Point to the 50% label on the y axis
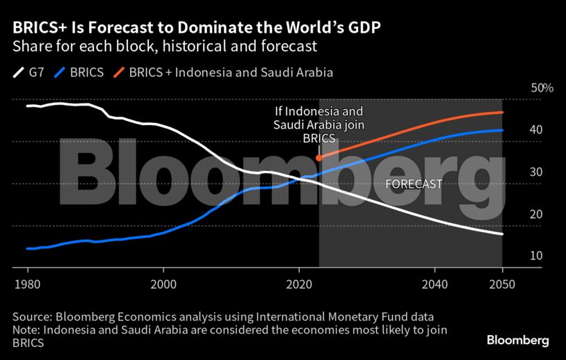pos(542,88)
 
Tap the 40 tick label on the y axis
pos(517,130)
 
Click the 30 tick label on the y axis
pos(517,172)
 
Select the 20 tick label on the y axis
pos(517,214)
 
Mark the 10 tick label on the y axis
pos(517,256)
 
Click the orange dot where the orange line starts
pos(318,158)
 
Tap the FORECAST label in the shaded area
pos(414,184)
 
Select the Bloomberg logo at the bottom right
pos(517,341)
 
